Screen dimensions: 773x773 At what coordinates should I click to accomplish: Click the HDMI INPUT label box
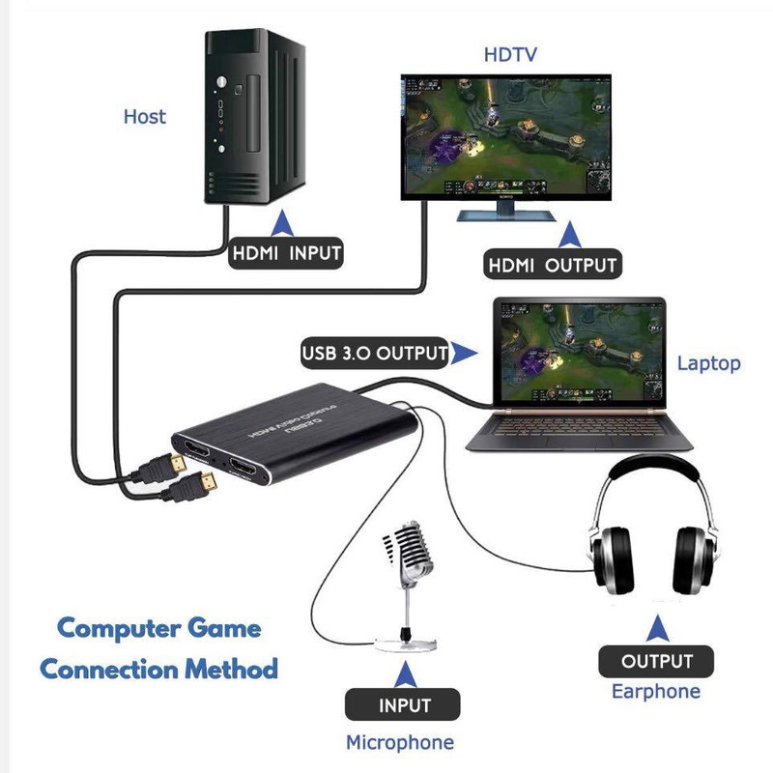(287, 255)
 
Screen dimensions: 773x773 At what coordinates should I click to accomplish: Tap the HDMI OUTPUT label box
(552, 264)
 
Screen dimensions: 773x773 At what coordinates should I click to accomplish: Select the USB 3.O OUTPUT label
(375, 353)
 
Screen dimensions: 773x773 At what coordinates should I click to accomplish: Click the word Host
(145, 117)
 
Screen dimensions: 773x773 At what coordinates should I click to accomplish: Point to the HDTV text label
(509, 53)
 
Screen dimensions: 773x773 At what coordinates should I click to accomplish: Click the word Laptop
(708, 363)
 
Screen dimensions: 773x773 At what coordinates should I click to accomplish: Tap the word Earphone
(656, 691)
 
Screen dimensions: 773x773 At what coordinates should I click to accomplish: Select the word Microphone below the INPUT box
(400, 742)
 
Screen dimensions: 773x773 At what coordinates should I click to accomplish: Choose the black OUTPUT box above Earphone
(656, 662)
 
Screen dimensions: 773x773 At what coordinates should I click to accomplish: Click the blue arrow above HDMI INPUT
(283, 225)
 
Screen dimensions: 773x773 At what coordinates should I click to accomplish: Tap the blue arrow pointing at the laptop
(469, 354)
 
